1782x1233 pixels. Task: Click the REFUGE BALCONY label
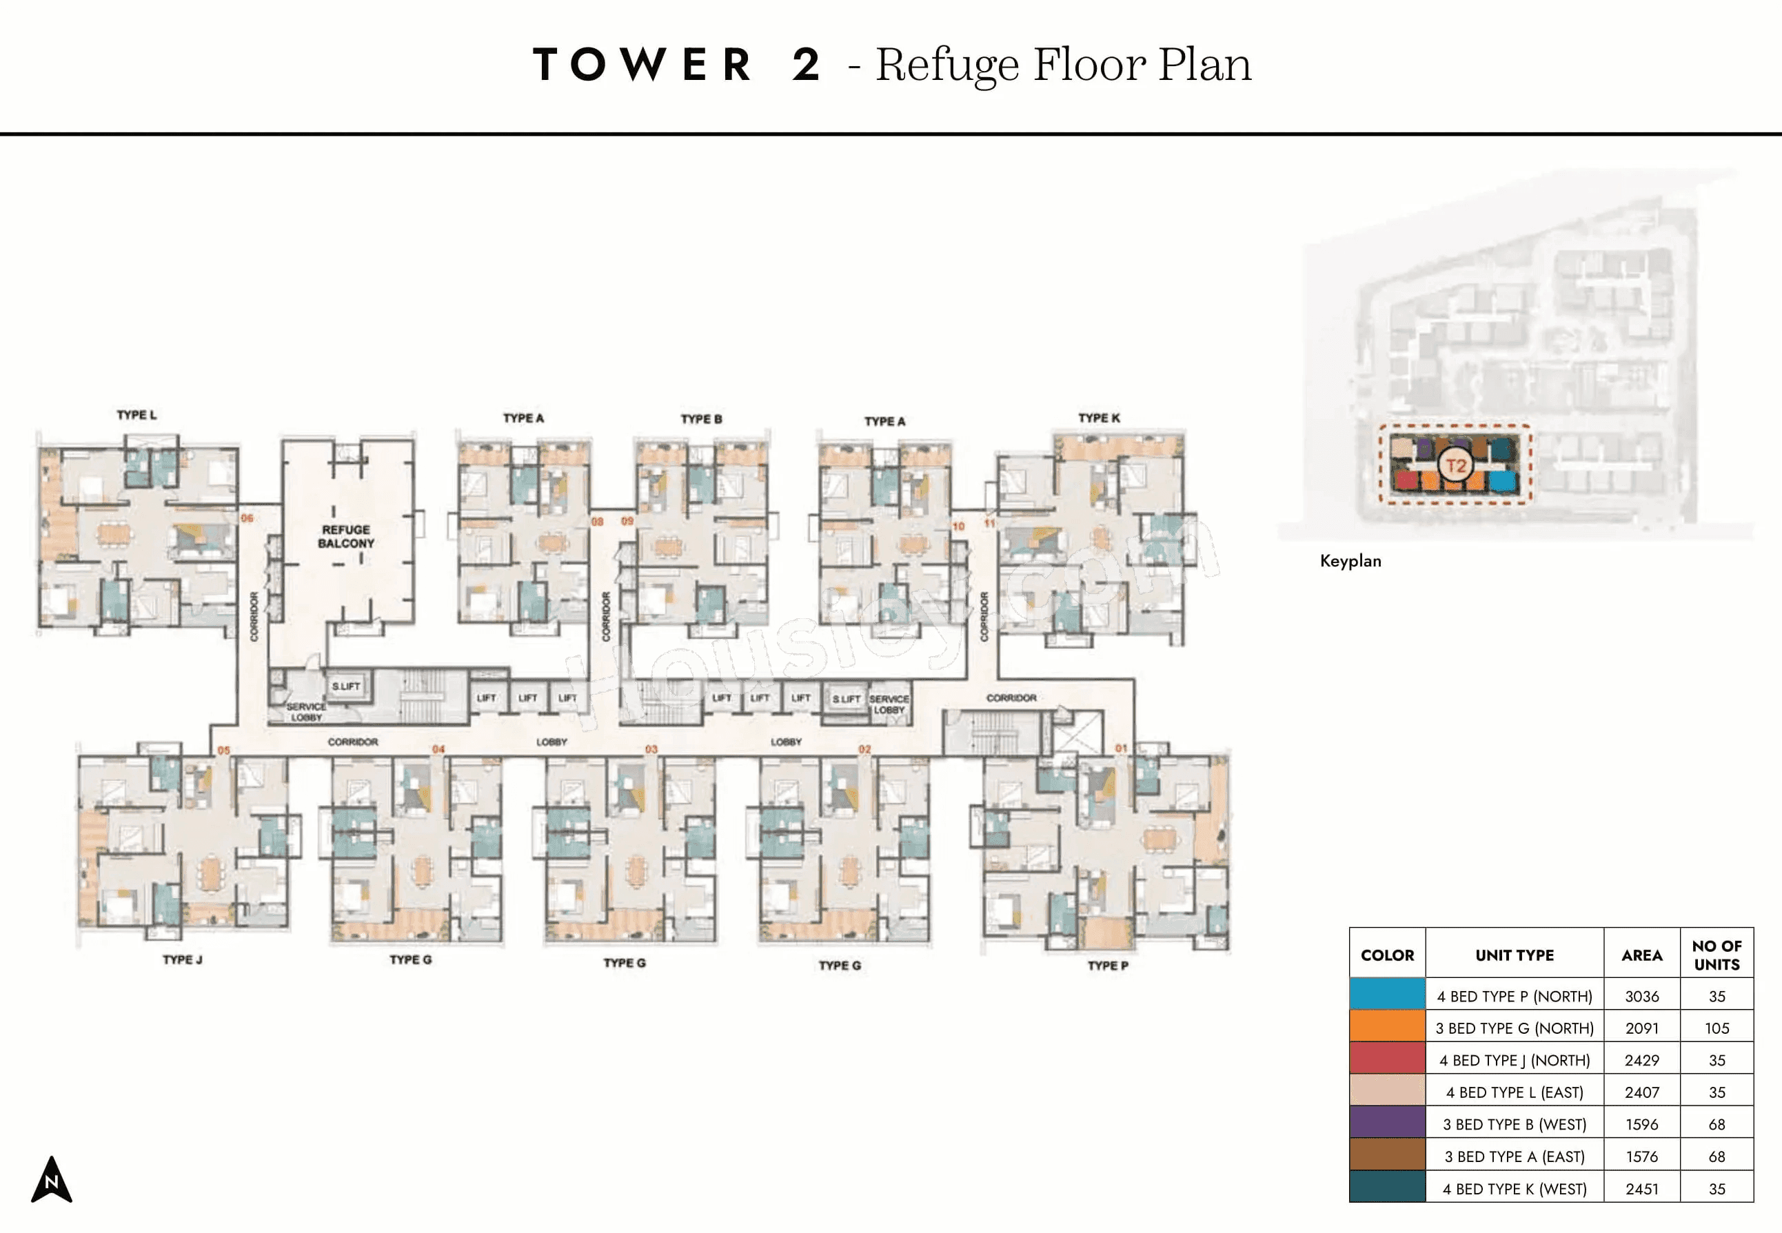[345, 536]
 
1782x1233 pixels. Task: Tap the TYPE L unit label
[136, 415]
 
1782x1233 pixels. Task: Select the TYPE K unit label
[1098, 418]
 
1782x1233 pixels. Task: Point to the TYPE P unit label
[1107, 966]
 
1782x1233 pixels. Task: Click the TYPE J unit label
[183, 959]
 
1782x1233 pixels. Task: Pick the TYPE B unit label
[701, 419]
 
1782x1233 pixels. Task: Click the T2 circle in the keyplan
[1455, 466]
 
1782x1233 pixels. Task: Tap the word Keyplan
[1350, 561]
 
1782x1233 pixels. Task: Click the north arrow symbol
[51, 1180]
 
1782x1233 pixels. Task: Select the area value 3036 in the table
[1641, 997]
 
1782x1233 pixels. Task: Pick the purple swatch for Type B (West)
[1387, 1124]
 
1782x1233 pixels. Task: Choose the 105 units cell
[1717, 1028]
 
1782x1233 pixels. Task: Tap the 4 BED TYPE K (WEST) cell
[1514, 1189]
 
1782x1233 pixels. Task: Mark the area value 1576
[1641, 1156]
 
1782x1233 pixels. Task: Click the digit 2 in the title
[805, 64]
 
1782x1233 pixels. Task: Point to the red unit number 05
[223, 750]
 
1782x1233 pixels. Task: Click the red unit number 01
[1120, 748]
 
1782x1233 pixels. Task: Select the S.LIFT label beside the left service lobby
[345, 686]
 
